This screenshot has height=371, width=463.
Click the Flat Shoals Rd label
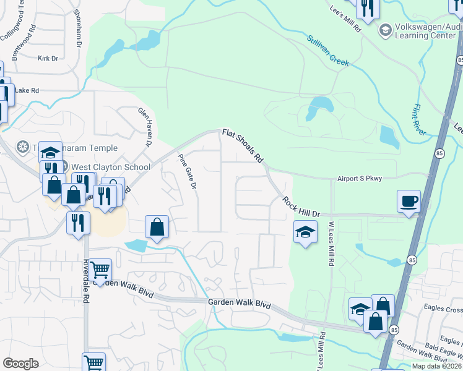point(243,146)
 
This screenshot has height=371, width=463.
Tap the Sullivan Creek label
point(328,51)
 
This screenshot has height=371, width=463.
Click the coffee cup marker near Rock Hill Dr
point(409,202)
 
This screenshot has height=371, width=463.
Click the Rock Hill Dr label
point(301,207)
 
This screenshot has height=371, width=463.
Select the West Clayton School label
point(111,167)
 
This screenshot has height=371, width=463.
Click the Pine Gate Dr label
point(187,172)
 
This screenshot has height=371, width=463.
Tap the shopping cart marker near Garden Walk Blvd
point(100,270)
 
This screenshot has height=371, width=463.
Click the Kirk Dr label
point(48,59)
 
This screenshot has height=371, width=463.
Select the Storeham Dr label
point(78,28)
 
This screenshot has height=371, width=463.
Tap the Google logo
point(20,364)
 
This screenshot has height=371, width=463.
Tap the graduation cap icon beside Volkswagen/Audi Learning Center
point(386,30)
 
